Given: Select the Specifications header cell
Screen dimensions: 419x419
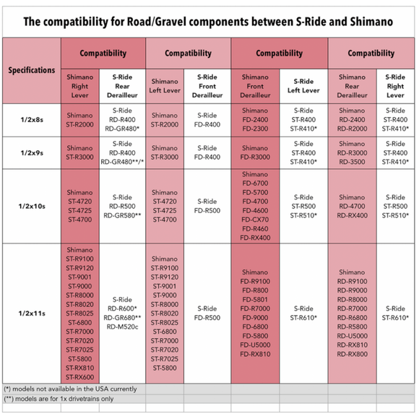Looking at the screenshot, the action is point(32,70).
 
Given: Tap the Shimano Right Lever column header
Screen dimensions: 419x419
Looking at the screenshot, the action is point(80,86).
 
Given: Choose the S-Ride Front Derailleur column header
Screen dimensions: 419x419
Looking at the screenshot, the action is point(207,86).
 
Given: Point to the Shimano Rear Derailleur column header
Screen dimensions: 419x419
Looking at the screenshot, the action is point(353,86).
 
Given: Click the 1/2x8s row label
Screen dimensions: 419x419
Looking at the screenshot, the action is point(32,120).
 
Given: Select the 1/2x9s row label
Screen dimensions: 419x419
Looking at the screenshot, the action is point(32,153).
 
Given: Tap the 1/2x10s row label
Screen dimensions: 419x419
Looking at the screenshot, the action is point(32,207).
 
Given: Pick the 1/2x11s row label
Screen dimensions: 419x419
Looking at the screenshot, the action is point(32,314).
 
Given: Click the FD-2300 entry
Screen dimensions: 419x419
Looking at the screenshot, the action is point(255,129).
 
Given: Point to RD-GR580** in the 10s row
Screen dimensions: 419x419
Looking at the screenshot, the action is point(122,215).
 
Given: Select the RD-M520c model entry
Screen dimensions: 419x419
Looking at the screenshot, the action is point(122,327).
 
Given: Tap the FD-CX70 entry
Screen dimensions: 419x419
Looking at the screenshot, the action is point(255,220).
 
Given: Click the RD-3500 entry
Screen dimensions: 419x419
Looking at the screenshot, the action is point(353,162).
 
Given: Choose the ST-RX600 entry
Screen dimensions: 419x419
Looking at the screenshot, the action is point(80,377).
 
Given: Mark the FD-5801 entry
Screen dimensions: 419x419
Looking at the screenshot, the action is point(255,300).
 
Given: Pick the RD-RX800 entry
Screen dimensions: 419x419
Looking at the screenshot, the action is point(353,354).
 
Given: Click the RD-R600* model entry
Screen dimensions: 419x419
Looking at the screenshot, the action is point(122,308).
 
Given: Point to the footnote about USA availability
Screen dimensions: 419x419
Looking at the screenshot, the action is point(70,389).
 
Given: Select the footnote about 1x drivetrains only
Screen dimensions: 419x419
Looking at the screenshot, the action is point(59,399).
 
